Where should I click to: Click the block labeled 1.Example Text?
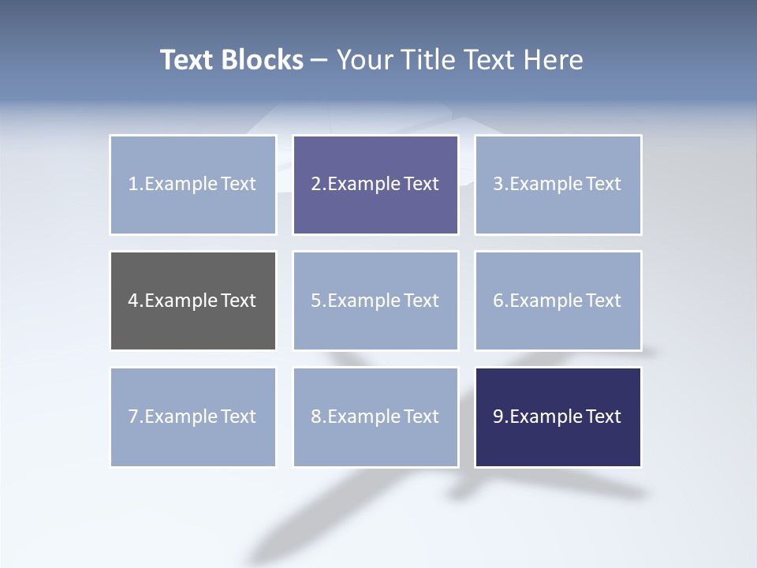193,185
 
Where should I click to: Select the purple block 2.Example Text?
375,185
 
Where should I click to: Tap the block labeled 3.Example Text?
557,185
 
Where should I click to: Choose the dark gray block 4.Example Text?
193,301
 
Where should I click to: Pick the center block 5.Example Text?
375,301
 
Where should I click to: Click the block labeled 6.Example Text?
557,301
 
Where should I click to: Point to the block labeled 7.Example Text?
193,417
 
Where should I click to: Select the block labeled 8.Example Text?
375,417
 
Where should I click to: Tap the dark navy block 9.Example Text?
557,417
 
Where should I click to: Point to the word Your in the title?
364,60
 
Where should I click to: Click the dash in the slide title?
319,60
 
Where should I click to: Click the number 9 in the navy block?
498,417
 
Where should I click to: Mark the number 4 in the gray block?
132,301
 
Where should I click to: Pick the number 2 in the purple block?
315,185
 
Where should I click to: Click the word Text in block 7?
238,417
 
